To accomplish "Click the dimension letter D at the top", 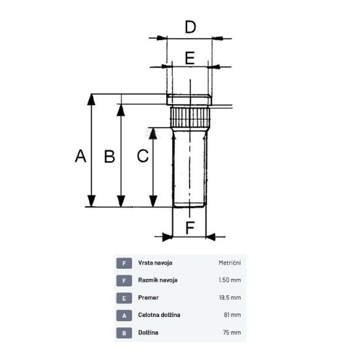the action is pyautogui.click(x=190, y=27).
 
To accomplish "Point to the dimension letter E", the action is pyautogui.click(x=190, y=58).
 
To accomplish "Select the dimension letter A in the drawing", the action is pyautogui.click(x=81, y=156).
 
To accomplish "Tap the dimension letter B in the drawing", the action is pyautogui.click(x=109, y=156).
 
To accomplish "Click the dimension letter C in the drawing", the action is pyautogui.click(x=143, y=156).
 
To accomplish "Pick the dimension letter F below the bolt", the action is pyautogui.click(x=190, y=228).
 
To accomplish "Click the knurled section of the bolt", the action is pyautogui.click(x=190, y=118).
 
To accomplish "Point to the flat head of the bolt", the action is pyautogui.click(x=189, y=99).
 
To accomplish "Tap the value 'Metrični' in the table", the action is pyautogui.click(x=230, y=262).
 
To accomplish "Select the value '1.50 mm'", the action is pyautogui.click(x=230, y=280).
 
